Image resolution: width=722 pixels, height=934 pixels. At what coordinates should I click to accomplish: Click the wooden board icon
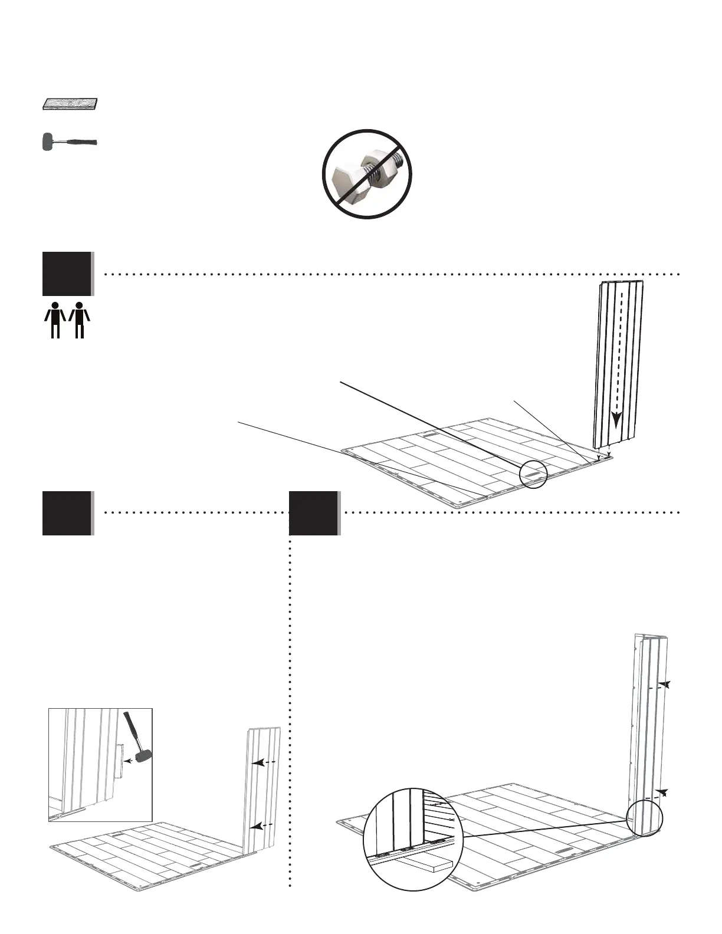(70, 104)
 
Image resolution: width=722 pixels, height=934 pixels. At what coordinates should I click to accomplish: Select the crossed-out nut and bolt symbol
(366, 173)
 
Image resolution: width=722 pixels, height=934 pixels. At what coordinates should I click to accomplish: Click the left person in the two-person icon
(55, 320)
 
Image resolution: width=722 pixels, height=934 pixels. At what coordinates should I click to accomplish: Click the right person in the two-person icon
(80, 320)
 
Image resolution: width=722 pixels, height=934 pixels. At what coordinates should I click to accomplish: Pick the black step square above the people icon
(67, 274)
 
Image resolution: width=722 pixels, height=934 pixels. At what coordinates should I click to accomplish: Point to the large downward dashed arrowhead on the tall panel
(616, 419)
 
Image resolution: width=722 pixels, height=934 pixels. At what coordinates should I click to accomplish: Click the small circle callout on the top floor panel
(533, 475)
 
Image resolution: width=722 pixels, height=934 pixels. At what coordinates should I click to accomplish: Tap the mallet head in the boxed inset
(142, 756)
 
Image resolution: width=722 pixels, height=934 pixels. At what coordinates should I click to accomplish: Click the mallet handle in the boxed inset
(132, 729)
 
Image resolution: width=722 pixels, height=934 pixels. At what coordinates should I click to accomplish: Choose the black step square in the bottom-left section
(67, 512)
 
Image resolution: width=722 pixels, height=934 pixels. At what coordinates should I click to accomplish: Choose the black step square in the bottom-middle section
(314, 512)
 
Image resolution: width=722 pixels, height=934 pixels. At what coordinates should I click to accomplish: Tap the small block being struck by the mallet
(119, 761)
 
